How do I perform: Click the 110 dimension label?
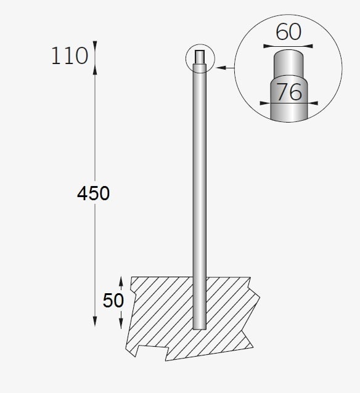[x=70, y=56]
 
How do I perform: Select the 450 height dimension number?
[x=94, y=193]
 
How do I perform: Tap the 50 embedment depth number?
[x=114, y=301]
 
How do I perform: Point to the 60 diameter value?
[x=288, y=31]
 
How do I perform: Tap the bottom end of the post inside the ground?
[x=200, y=326]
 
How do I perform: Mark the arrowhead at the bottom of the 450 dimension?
[x=94, y=321]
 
